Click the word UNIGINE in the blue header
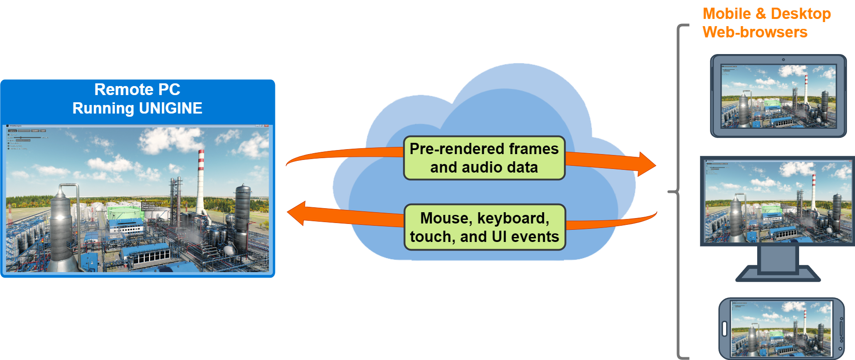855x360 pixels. (x=170, y=108)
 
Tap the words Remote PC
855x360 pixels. (x=137, y=89)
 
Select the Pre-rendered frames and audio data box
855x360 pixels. (x=484, y=158)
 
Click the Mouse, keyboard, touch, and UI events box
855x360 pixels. (x=485, y=227)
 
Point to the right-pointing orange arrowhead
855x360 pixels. (x=647, y=164)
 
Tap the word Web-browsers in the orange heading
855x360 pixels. (x=755, y=32)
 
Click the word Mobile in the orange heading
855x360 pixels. (x=727, y=14)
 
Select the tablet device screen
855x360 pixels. (x=778, y=96)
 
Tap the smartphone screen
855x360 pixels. (x=781, y=329)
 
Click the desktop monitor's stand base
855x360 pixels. (x=778, y=274)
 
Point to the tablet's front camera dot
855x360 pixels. (x=783, y=59)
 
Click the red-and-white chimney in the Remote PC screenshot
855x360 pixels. (x=201, y=180)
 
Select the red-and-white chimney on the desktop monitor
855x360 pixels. (x=814, y=191)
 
